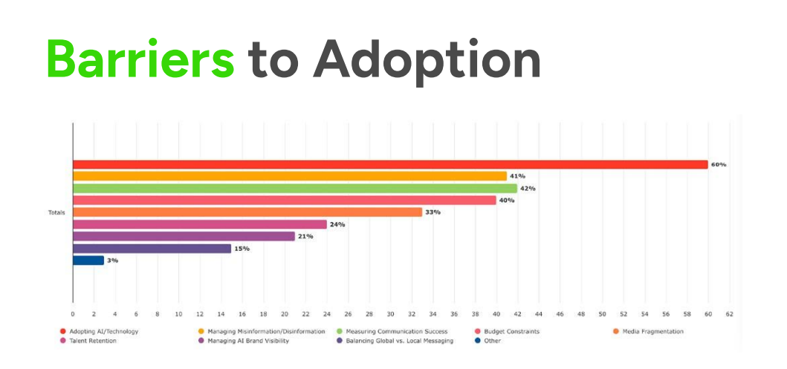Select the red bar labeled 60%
(390, 164)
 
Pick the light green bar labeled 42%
(295, 189)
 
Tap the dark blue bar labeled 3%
(88, 261)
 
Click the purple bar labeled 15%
(152, 249)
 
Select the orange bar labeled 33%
(247, 212)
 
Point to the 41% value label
(518, 176)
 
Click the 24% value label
(337, 224)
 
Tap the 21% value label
(305, 236)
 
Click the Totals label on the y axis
(56, 212)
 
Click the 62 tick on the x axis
(729, 314)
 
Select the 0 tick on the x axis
(73, 314)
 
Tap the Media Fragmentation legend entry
(652, 331)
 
